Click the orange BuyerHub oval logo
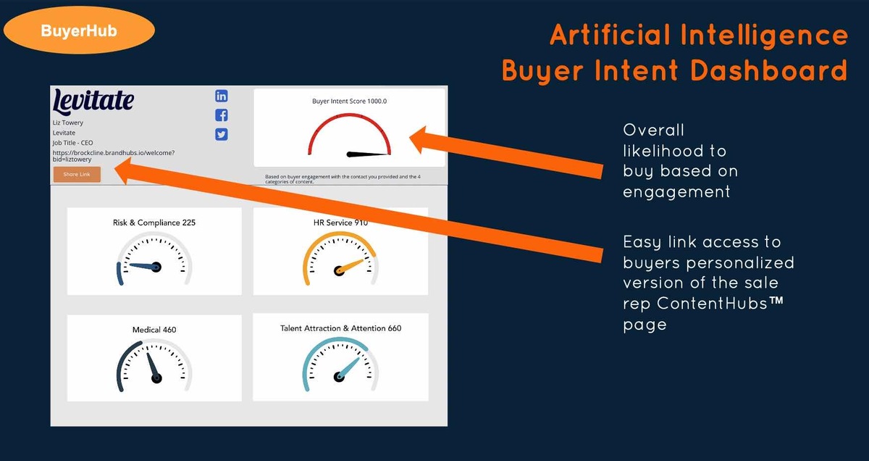[79, 30]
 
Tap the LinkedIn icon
[222, 96]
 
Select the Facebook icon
[222, 115]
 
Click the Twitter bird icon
[222, 134]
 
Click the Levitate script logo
[93, 101]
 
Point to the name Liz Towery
[68, 122]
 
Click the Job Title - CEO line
[72, 143]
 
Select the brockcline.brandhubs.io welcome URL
[114, 156]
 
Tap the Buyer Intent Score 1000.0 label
[350, 101]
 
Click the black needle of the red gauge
[368, 154]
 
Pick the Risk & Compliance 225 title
[154, 223]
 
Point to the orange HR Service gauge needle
[350, 267]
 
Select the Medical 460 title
[154, 330]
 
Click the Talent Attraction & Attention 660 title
[340, 328]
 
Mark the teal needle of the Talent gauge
[348, 368]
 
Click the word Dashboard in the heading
[768, 70]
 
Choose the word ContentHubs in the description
[713, 303]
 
